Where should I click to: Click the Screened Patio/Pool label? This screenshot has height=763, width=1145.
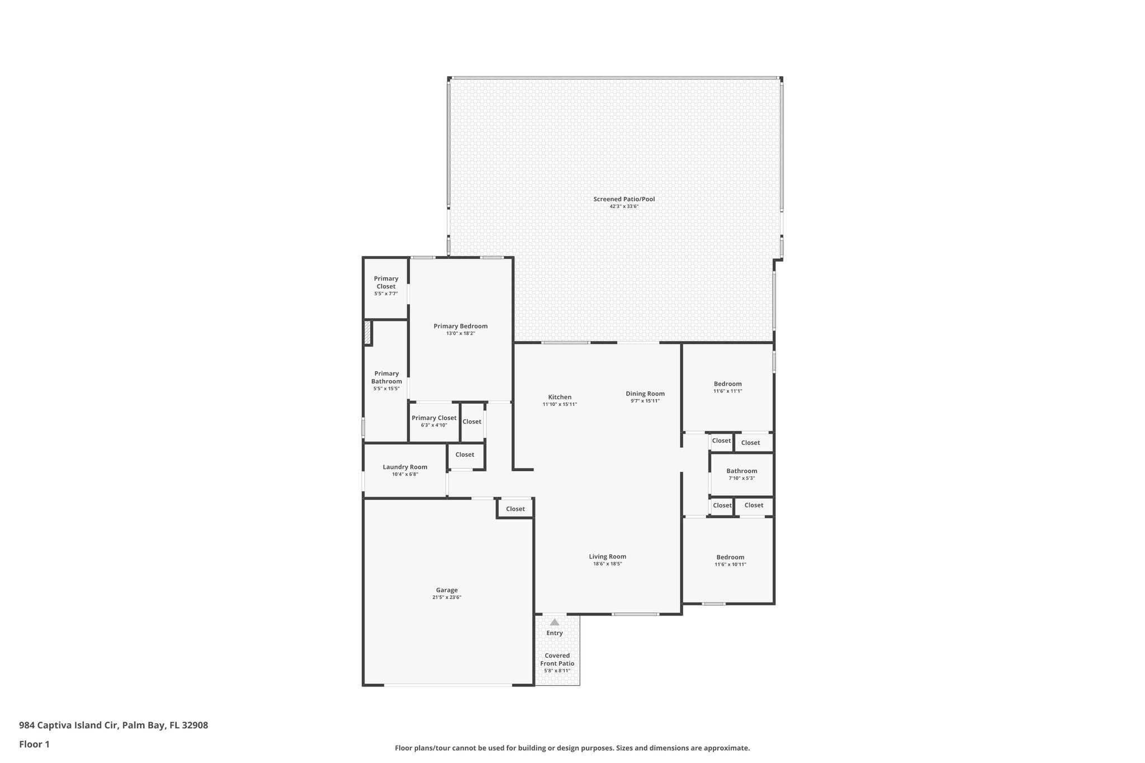point(624,199)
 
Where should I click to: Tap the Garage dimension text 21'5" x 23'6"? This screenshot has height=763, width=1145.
point(447,598)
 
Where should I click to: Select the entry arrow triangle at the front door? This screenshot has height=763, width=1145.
point(554,622)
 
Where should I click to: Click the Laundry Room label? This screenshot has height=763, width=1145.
point(405,467)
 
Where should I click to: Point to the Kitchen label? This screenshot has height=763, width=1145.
point(560,397)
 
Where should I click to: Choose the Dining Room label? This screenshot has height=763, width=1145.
point(645,394)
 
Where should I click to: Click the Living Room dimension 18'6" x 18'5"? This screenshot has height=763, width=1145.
point(607,564)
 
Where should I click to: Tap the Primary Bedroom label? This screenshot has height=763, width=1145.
point(461,326)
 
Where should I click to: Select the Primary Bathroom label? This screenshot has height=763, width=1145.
point(386,377)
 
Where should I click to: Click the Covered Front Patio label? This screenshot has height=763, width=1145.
point(557,660)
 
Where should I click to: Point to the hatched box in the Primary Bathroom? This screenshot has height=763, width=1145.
point(367,333)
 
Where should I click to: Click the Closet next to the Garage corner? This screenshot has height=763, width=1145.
point(515,509)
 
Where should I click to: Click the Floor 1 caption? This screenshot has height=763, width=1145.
point(34,745)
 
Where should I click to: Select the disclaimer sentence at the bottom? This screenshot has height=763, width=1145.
point(572,748)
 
